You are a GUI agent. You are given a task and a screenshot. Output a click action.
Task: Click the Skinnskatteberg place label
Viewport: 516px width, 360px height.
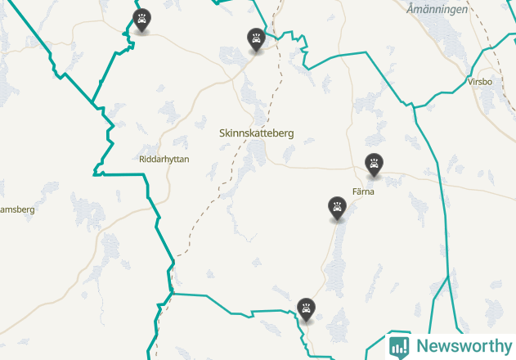click(257, 133)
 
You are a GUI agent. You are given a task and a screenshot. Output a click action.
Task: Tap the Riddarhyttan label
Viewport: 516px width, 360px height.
click(164, 160)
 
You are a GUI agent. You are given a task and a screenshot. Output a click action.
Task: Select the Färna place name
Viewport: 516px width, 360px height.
click(362, 191)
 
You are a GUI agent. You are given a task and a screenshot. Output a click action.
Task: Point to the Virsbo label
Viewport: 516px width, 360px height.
click(480, 82)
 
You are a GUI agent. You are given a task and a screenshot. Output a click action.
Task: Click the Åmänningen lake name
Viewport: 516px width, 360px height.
click(437, 9)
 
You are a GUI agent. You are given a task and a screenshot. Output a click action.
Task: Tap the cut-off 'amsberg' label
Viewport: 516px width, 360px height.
click(16, 209)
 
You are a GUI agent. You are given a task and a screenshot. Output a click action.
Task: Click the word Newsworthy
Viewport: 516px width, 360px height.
click(464, 346)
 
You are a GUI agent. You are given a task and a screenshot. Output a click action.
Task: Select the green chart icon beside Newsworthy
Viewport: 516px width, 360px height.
click(399, 346)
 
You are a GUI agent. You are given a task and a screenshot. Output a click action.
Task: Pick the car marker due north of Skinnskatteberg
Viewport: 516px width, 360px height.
click(257, 38)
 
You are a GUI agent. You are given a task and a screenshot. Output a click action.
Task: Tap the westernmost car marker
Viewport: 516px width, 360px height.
click(142, 20)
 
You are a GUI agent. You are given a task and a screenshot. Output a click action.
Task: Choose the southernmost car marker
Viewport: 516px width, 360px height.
click(307, 309)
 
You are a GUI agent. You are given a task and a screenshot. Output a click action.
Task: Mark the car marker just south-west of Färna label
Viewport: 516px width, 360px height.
click(337, 207)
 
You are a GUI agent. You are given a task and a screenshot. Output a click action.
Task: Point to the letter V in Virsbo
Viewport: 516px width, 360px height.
click(470, 82)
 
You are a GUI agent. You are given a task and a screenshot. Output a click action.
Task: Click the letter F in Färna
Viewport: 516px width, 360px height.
click(354, 191)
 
